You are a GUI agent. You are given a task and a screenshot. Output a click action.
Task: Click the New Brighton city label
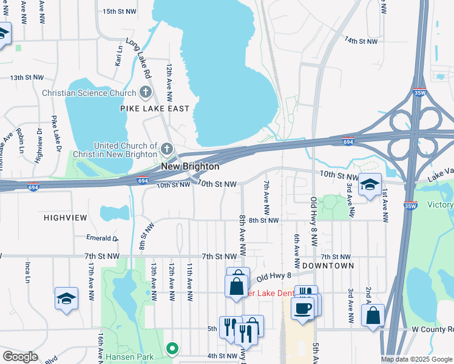pyautogui.click(x=189, y=166)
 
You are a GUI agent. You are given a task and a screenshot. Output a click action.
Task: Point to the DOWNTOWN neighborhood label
pyautogui.click(x=328, y=266)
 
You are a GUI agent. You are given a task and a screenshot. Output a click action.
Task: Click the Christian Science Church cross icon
pyautogui.click(x=144, y=93)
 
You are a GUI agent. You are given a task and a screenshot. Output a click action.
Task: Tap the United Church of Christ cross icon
pyautogui.click(x=167, y=149)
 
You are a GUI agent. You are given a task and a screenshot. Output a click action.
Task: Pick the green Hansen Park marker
pyautogui.click(x=172, y=348)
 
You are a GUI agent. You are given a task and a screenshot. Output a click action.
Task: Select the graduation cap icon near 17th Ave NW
pyautogui.click(x=66, y=298)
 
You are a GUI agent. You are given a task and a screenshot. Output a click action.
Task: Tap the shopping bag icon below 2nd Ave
pyautogui.click(x=373, y=315)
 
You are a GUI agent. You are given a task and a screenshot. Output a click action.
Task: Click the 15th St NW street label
pyautogui.click(x=119, y=12)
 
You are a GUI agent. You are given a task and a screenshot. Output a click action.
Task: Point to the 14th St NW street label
pyautogui.click(x=361, y=41)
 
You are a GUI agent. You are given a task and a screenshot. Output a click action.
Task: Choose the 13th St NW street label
pyautogui.click(x=27, y=78)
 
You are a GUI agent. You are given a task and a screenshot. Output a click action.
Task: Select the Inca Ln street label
pyautogui.click(x=28, y=272)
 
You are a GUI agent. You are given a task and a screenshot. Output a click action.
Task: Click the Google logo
pyautogui.click(x=21, y=357)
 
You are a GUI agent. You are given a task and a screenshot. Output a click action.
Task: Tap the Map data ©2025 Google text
pyautogui.click(x=416, y=359)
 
